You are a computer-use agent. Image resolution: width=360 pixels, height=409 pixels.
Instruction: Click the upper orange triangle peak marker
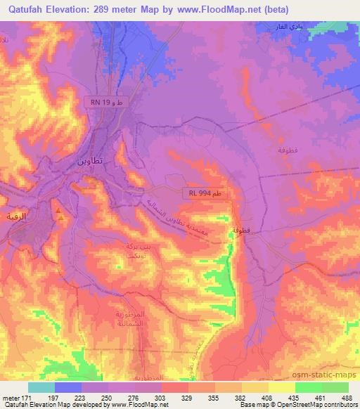(x=58, y=210)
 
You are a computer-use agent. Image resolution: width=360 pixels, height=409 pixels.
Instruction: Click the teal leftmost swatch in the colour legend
(x=41, y=387)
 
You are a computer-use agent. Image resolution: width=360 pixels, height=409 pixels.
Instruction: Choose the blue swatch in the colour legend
(x=68, y=387)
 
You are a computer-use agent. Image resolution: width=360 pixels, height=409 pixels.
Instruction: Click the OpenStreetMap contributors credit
(x=319, y=405)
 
